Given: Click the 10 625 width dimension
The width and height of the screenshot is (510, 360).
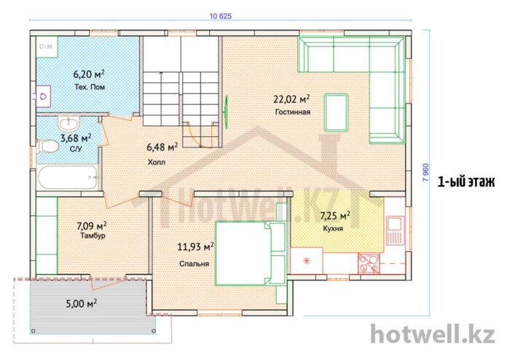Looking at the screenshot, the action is pos(221,16).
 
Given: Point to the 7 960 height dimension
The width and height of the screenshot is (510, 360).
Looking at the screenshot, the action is pos(425,173).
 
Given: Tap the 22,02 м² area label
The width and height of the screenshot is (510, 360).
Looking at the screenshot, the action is pos(291,98).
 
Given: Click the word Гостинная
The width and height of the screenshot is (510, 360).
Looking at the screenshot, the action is pos(293,112).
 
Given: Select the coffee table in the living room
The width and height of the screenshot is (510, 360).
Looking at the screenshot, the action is pos(336,112).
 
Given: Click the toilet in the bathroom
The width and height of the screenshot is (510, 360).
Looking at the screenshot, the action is pos(48,146).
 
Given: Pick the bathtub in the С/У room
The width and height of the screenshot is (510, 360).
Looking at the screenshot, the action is pos(67,177).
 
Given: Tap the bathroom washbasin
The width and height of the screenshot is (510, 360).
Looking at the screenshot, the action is pos(69,124).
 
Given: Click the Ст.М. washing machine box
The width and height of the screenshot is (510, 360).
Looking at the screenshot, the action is pos(47,47).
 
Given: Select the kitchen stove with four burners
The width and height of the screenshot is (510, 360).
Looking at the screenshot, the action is pos(369,263).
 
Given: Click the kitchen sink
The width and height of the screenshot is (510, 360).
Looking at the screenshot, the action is pos(395,230).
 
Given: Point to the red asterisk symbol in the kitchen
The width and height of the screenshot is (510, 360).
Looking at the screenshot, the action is pos(306,260).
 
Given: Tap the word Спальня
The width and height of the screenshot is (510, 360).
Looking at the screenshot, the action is pos(195,264).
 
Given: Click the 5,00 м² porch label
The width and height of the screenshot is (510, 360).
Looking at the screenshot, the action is pos(82,304).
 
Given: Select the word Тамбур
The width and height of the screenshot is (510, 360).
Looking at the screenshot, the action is pos(93,235).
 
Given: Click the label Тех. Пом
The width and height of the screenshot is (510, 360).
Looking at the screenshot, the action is pos(90,87).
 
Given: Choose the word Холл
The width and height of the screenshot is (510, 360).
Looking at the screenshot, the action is pos(157,162).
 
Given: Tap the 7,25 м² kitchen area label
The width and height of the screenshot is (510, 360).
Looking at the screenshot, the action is pos(335,215).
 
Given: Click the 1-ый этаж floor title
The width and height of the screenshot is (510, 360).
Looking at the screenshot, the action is pos(466,181).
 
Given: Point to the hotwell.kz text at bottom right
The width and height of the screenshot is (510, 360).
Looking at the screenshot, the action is pos(433,334).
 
